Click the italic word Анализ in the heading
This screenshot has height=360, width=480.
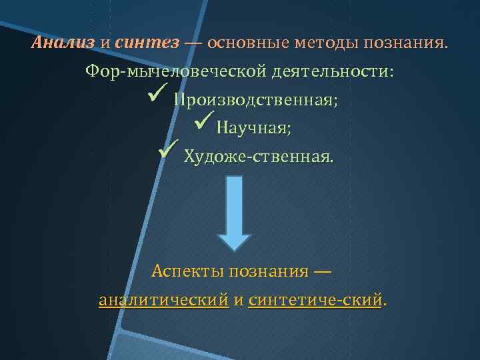pos(63,43)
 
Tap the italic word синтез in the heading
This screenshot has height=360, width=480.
pos(147,43)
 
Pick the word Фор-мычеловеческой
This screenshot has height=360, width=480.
pos(176,71)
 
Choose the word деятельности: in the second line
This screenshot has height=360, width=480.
pos(331,71)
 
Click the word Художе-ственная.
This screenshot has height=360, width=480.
pos(258,157)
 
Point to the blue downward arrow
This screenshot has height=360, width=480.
pos(235,213)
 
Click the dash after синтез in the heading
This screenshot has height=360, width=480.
pos(193,43)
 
